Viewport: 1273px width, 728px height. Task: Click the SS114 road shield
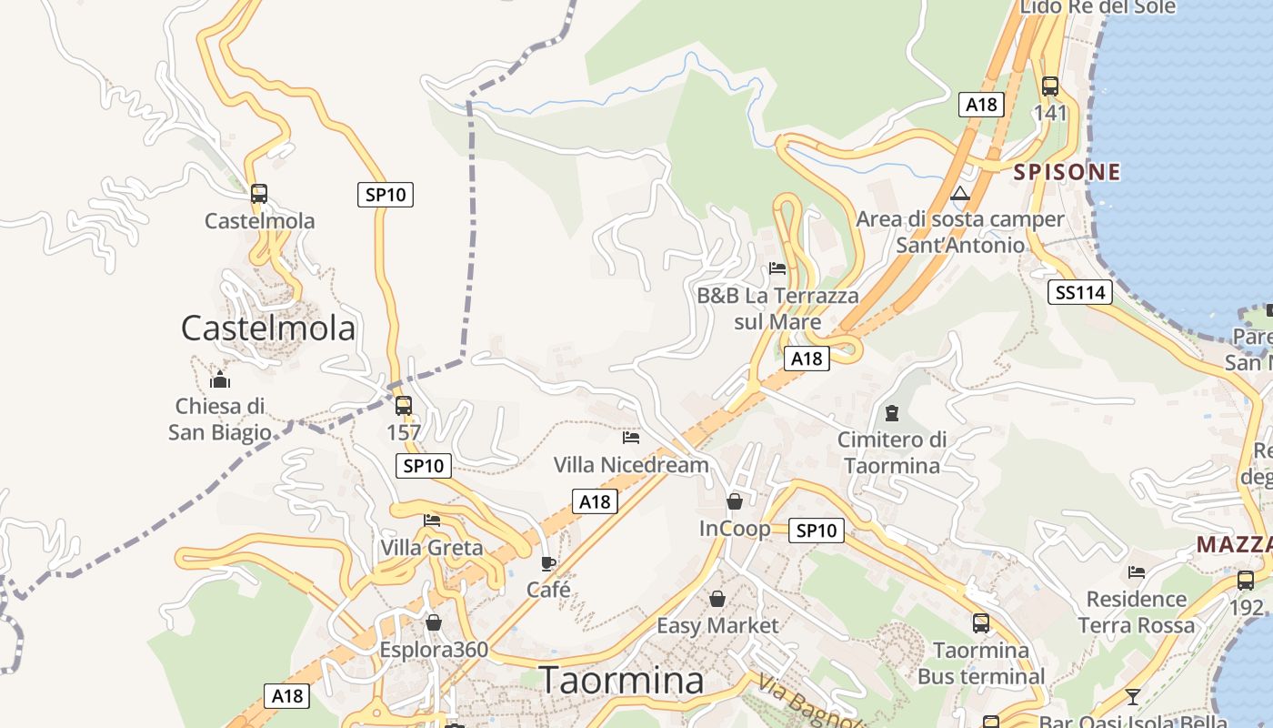(1080, 292)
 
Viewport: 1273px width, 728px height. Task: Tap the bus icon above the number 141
(1050, 86)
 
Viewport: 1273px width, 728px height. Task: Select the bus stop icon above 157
(404, 406)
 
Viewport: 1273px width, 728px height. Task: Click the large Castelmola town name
(268, 328)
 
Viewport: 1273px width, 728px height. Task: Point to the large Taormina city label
(621, 680)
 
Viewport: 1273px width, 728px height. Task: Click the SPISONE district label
(1067, 172)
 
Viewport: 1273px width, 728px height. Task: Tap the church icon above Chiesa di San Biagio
(219, 379)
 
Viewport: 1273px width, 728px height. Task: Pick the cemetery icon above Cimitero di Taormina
(892, 414)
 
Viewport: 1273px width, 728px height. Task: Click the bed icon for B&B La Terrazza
(777, 268)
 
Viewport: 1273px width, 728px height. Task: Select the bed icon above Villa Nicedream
(631, 438)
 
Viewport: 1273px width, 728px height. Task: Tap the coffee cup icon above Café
(548, 563)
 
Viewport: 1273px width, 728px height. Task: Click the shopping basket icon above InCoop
(735, 501)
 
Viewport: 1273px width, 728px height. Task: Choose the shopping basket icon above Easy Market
(717, 599)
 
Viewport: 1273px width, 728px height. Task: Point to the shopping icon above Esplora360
(434, 623)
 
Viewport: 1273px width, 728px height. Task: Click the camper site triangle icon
(960, 193)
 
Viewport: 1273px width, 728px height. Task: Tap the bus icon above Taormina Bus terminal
(981, 623)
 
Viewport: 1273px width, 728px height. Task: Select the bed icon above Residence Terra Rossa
(1137, 572)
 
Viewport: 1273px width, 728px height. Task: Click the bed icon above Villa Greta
(432, 521)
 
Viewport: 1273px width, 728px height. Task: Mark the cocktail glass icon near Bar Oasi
(1132, 697)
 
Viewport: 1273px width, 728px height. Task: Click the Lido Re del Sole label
(1098, 7)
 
